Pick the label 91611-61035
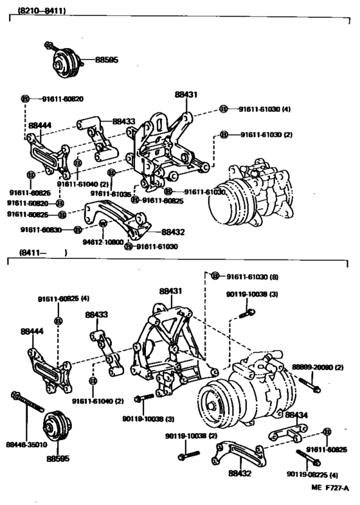[111, 193]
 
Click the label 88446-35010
[26, 443]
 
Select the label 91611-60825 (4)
[62, 299]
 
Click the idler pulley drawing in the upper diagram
[62, 63]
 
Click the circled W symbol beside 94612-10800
[102, 224]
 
